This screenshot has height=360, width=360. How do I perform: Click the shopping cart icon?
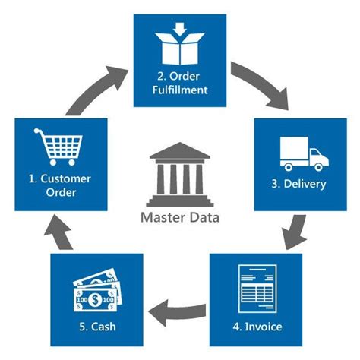[x=58, y=147]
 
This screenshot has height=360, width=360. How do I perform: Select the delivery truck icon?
[x=305, y=154]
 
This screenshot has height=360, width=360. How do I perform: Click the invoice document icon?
[x=257, y=289]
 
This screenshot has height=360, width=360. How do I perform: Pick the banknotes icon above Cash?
[x=97, y=290]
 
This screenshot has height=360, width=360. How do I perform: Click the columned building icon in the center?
[x=180, y=175]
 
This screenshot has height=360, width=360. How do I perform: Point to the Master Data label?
[x=180, y=218]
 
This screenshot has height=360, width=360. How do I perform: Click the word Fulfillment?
[x=180, y=90]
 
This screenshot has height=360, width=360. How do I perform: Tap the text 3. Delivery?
[x=298, y=184]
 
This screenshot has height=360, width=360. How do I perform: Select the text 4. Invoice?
[x=257, y=327]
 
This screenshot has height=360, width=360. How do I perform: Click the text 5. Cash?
[x=97, y=327]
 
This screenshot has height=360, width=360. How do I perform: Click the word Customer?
[x=65, y=178]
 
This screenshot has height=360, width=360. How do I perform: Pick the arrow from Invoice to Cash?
[x=177, y=312]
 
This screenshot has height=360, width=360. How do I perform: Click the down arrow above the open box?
[x=180, y=29]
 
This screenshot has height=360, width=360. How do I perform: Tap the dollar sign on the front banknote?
[x=95, y=300]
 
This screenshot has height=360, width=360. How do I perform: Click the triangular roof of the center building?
[x=180, y=151]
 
